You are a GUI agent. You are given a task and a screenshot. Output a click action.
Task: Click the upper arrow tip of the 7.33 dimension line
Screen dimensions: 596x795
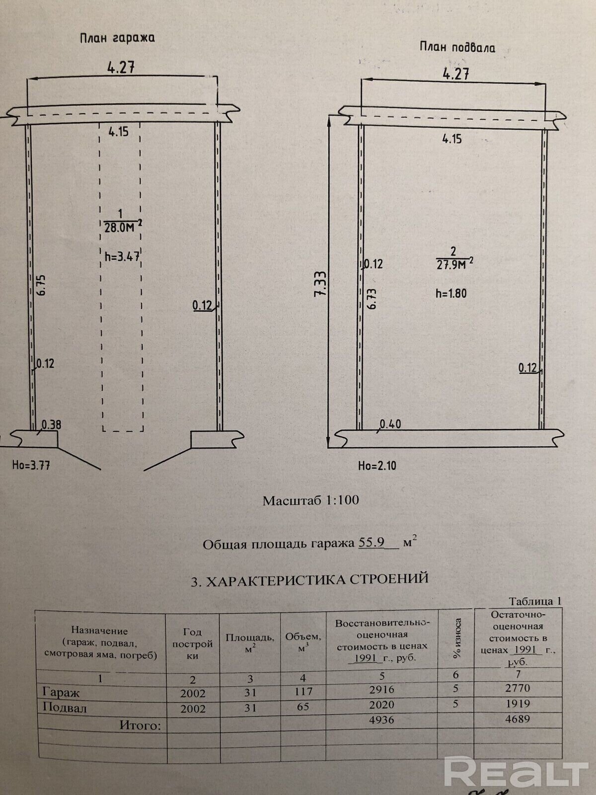click(330, 115)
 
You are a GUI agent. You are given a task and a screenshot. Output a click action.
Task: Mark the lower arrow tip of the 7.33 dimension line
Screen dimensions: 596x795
click(328, 448)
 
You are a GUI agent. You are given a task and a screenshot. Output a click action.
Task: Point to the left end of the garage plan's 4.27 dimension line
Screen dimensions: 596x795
click(27, 79)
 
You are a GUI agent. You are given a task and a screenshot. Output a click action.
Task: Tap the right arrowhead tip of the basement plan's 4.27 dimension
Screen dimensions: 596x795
click(545, 83)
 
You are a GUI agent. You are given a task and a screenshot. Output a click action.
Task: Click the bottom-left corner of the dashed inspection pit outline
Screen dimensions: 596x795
click(103, 431)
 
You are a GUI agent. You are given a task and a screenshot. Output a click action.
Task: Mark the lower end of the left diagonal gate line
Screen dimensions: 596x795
click(101, 470)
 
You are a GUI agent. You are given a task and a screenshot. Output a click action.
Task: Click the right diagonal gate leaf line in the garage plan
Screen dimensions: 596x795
click(167, 459)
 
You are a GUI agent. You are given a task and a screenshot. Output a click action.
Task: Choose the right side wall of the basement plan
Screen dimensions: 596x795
click(542, 279)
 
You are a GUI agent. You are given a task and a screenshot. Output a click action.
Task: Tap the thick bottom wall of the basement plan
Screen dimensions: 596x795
click(448, 439)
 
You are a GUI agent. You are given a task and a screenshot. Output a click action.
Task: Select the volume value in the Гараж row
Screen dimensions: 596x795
click(303, 692)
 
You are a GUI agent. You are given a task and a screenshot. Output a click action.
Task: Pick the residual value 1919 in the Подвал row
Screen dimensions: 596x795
click(518, 704)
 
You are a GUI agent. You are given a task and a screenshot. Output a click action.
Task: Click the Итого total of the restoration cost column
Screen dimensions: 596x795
click(382, 719)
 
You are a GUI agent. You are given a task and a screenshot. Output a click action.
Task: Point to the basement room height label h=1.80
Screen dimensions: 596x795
click(451, 293)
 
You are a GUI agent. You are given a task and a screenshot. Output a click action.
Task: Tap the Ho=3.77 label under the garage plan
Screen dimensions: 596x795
click(31, 465)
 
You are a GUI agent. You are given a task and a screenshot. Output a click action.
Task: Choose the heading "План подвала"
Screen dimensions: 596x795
click(457, 47)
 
